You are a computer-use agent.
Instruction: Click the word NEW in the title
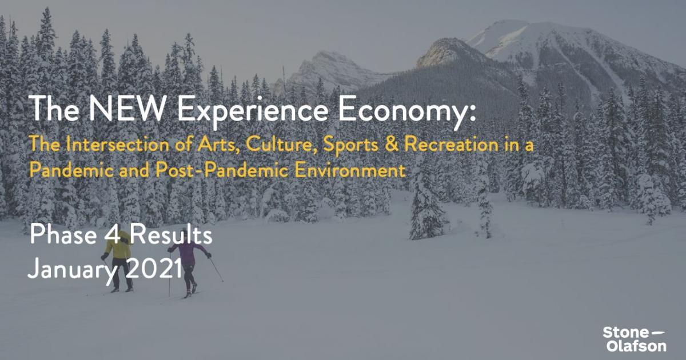tap(127, 108)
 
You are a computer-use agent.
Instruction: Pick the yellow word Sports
tap(350, 145)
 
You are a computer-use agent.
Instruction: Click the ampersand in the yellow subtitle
tap(392, 144)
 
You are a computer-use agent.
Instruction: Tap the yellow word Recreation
tap(452, 144)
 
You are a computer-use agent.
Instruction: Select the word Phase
tap(63, 234)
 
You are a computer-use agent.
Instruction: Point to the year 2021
tap(154, 268)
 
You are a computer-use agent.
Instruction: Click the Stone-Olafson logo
tap(634, 339)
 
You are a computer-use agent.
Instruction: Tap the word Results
tap(171, 234)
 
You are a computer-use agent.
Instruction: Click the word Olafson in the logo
tap(636, 346)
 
